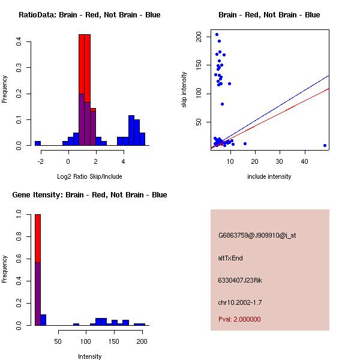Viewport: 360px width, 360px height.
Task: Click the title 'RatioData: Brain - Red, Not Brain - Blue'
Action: coord(89,14)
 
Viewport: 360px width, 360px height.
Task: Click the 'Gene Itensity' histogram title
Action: coord(89,194)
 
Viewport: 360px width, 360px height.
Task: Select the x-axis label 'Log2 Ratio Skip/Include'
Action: coord(89,176)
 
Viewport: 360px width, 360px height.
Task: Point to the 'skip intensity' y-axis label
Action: coord(184,89)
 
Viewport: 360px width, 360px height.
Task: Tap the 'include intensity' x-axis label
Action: coord(269,176)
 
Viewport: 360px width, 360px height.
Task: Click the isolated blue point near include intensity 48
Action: coord(325,145)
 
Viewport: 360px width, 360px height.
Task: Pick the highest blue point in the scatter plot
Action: coord(217,34)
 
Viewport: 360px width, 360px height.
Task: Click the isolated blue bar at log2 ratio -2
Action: coord(38,143)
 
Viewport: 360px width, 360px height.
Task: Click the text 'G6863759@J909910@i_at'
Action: coord(257,235)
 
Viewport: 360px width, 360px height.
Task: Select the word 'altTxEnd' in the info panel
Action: coord(230,258)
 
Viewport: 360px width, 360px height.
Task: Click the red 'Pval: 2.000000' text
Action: coord(239,319)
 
